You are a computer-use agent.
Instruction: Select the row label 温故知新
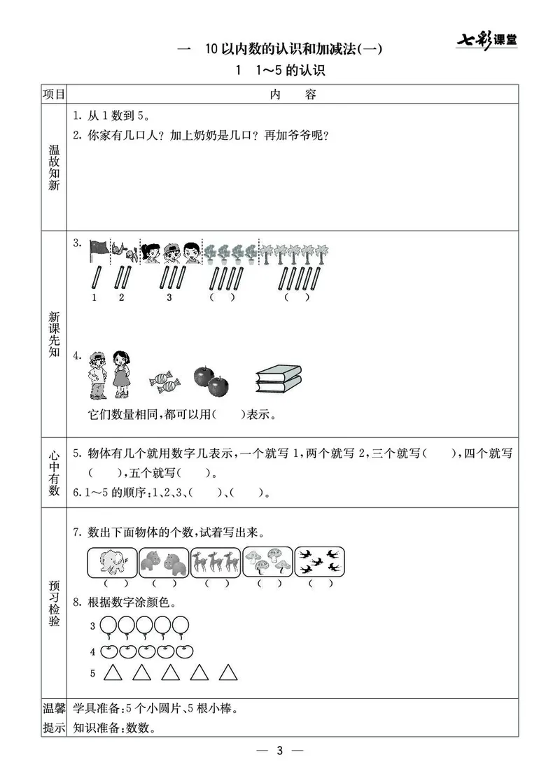53,168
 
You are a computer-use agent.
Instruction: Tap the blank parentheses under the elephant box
113,583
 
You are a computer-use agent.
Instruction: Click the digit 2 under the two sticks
122,297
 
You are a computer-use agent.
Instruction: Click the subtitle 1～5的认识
281,71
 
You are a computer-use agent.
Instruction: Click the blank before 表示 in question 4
229,414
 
